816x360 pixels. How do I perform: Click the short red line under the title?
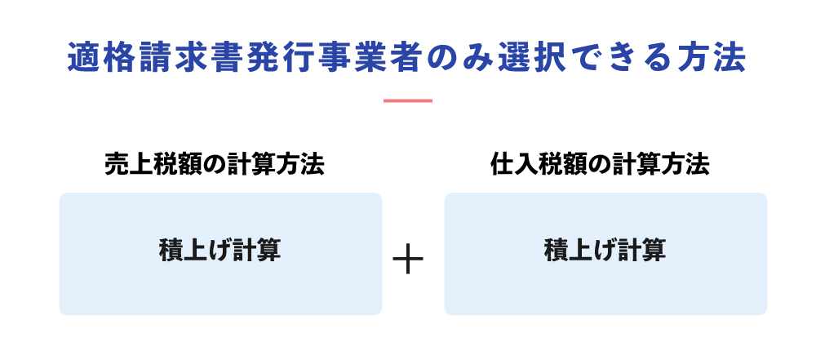408,100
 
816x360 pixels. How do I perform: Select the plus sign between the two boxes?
408,259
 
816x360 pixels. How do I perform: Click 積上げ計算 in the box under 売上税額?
220,251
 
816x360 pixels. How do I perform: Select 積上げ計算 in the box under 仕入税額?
605,251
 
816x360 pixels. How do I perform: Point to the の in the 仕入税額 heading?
590,165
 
